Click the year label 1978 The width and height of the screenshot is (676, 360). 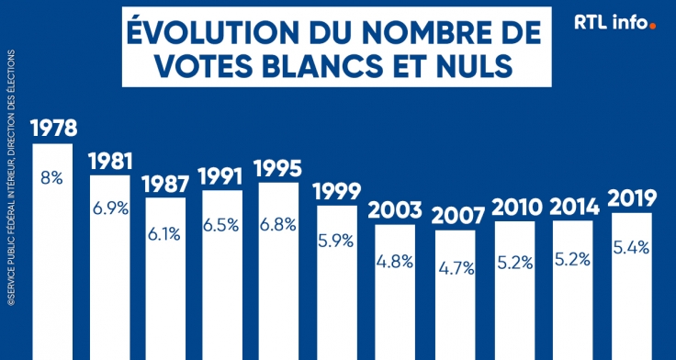(x=52, y=128)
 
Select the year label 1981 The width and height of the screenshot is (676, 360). (x=109, y=161)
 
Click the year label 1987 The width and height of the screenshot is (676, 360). (x=165, y=182)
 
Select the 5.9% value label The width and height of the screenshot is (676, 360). (x=336, y=242)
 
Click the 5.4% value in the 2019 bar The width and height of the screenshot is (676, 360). (x=631, y=248)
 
